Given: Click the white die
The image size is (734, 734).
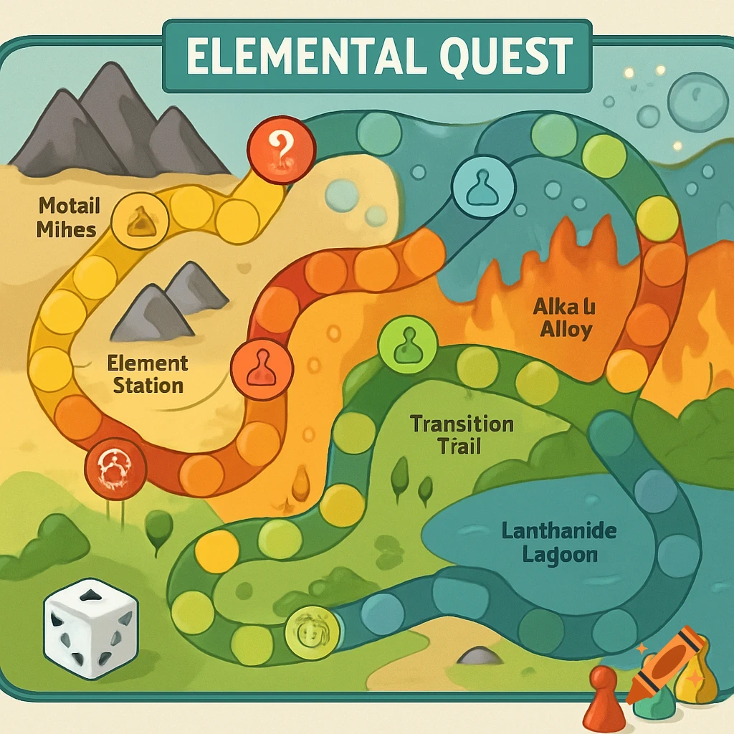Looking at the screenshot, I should point(90,629).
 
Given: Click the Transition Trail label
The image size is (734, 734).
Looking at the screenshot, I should point(462,434).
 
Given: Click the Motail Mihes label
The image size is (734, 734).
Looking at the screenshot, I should point(69,218).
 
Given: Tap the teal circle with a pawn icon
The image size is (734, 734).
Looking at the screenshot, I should point(482,188).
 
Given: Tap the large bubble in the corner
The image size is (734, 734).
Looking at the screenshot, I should point(697,102).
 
